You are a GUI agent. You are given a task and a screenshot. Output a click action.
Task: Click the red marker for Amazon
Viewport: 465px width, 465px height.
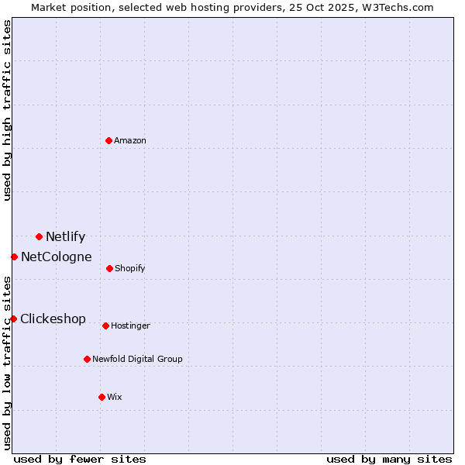click(x=109, y=140)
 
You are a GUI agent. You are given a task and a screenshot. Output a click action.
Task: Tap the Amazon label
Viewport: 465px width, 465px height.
click(x=130, y=141)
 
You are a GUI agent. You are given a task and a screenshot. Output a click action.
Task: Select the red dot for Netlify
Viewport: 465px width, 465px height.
click(x=39, y=236)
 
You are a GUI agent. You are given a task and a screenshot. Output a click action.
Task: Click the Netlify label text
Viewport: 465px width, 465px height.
click(x=65, y=237)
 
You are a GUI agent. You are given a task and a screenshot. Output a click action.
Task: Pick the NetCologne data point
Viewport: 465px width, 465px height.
click(x=14, y=257)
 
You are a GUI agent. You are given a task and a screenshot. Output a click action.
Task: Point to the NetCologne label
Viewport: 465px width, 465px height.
click(x=56, y=257)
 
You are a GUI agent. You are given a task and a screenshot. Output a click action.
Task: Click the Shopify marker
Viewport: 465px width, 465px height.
click(x=109, y=268)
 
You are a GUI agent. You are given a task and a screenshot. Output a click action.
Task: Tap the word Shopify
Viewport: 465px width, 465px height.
click(x=129, y=269)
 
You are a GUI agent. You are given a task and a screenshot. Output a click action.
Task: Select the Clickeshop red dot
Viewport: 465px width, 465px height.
click(x=13, y=319)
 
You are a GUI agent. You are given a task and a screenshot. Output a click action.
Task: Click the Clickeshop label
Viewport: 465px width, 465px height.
click(x=53, y=319)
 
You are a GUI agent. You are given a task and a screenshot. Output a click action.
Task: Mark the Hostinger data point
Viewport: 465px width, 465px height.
click(x=105, y=325)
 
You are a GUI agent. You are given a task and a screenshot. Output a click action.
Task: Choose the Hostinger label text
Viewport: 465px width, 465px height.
click(x=130, y=326)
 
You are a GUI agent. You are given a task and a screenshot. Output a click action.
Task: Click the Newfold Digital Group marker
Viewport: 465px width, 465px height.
click(x=87, y=359)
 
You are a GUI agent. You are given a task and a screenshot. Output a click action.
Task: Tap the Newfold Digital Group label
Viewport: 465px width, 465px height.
click(x=137, y=360)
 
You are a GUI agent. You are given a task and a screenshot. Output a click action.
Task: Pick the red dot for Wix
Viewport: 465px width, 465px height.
click(x=102, y=397)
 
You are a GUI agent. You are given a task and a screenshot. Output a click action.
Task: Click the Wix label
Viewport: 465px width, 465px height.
click(x=115, y=398)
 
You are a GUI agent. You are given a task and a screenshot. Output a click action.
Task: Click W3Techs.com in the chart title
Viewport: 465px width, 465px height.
click(x=400, y=8)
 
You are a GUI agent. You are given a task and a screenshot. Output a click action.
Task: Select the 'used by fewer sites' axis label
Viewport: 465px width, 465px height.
click(x=80, y=460)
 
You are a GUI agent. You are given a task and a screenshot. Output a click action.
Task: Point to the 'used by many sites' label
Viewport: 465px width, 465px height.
click(x=389, y=460)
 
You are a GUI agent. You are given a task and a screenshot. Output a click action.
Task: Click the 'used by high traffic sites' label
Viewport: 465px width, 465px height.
click(x=8, y=110)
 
